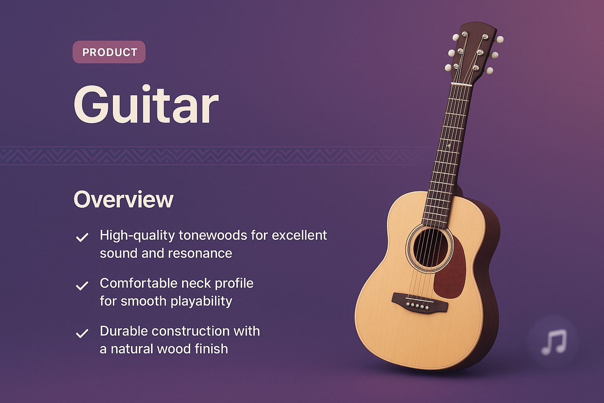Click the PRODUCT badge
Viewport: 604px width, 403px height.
tap(109, 52)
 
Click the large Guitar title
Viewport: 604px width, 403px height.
tap(146, 105)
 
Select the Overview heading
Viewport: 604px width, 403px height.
tap(123, 200)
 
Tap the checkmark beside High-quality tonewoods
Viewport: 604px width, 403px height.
tap(82, 237)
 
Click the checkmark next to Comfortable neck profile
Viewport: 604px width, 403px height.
tap(82, 286)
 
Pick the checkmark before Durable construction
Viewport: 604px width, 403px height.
tap(82, 334)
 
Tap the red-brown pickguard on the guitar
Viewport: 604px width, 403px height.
tap(451, 272)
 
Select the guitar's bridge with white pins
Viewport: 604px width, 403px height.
tap(419, 303)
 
